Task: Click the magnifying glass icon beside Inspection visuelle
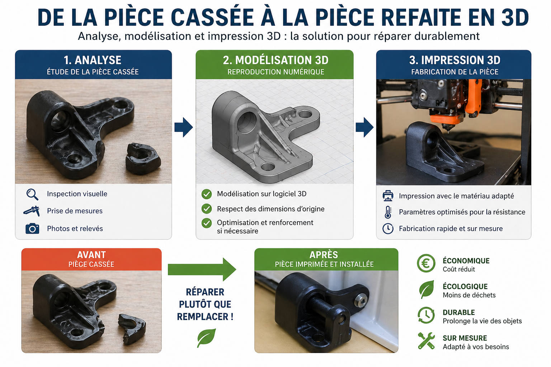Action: click(x=32, y=194)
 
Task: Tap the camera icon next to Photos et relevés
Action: click(x=32, y=228)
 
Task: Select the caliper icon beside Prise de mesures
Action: click(x=32, y=211)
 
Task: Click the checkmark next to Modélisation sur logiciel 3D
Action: click(x=207, y=194)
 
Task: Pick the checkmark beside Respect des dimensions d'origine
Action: click(x=207, y=209)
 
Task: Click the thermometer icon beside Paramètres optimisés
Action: click(x=388, y=212)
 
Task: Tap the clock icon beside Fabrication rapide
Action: click(x=388, y=229)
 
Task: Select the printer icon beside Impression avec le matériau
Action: click(x=388, y=196)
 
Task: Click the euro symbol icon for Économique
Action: click(x=426, y=264)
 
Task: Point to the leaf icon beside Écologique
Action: click(x=426, y=290)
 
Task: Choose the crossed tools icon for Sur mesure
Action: click(x=426, y=341)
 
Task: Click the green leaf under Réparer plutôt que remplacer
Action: click(x=206, y=338)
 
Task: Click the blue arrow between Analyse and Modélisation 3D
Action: click(x=184, y=127)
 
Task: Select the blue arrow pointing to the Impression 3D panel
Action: click(x=364, y=127)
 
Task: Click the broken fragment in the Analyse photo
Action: click(x=142, y=158)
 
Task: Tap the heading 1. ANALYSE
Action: click(x=93, y=60)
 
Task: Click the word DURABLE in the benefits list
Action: click(x=458, y=313)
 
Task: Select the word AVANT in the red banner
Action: click(x=91, y=255)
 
